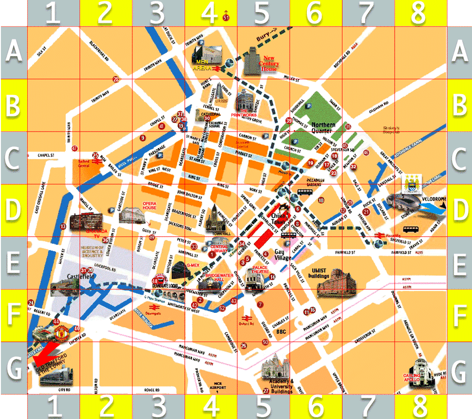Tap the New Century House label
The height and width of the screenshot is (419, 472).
[269, 64]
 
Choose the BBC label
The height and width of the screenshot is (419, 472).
[281, 332]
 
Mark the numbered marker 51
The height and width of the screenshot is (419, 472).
[226, 18]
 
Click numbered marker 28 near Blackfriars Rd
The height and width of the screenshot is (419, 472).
[116, 79]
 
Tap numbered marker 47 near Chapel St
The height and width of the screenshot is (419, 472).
[75, 148]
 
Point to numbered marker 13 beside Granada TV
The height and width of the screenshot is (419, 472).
[63, 226]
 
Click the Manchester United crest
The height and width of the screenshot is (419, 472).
[62, 332]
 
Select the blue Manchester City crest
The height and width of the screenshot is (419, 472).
[410, 184]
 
